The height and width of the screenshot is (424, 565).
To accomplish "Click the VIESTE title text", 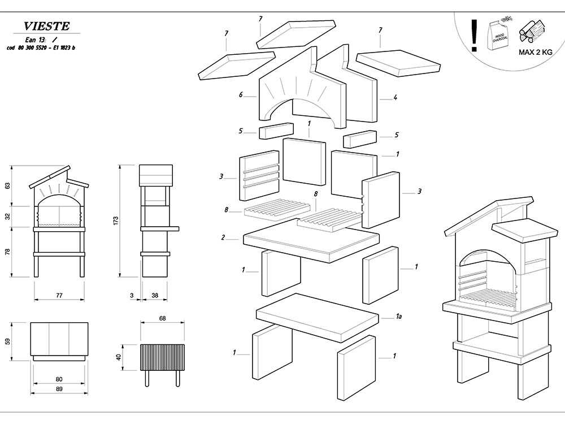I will coord(47,27).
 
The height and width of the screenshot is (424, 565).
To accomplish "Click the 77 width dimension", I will coord(59,295).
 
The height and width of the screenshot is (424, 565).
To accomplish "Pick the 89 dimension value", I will coord(59,389).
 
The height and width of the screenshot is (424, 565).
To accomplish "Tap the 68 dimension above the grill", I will coord(162,319).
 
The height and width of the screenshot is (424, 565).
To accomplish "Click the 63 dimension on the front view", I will coord(7,185).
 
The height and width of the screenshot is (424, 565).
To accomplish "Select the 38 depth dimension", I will coord(155,295).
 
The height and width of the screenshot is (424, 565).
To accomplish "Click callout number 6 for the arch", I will coord(241,95).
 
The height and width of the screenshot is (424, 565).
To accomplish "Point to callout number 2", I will coord(223,238).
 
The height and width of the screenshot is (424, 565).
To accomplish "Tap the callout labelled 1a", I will coord(398,317).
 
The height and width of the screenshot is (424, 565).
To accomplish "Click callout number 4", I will coord(395,97).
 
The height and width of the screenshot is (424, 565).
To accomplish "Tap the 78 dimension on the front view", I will coord(7,252).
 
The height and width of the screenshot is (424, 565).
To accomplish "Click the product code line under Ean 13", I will coord(41,48).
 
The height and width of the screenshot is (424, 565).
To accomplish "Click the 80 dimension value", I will coord(59,379).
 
